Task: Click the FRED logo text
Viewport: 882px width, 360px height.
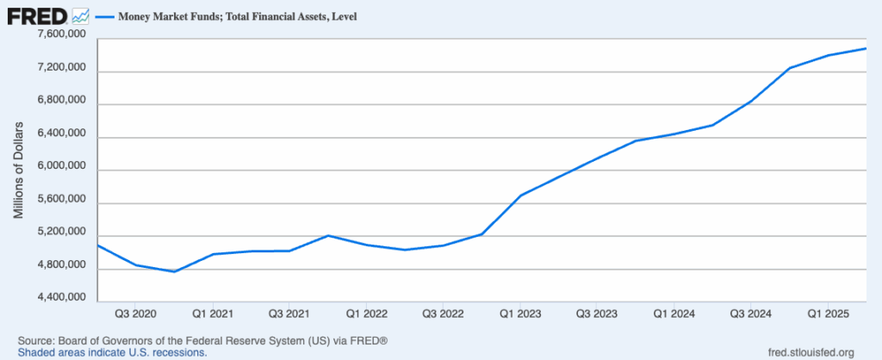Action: pyautogui.click(x=36, y=16)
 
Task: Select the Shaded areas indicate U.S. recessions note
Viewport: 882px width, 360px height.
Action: pyautogui.click(x=112, y=352)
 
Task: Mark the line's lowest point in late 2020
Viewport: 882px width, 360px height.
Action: pyautogui.click(x=175, y=271)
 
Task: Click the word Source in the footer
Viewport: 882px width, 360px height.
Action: pyautogui.click(x=37, y=340)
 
